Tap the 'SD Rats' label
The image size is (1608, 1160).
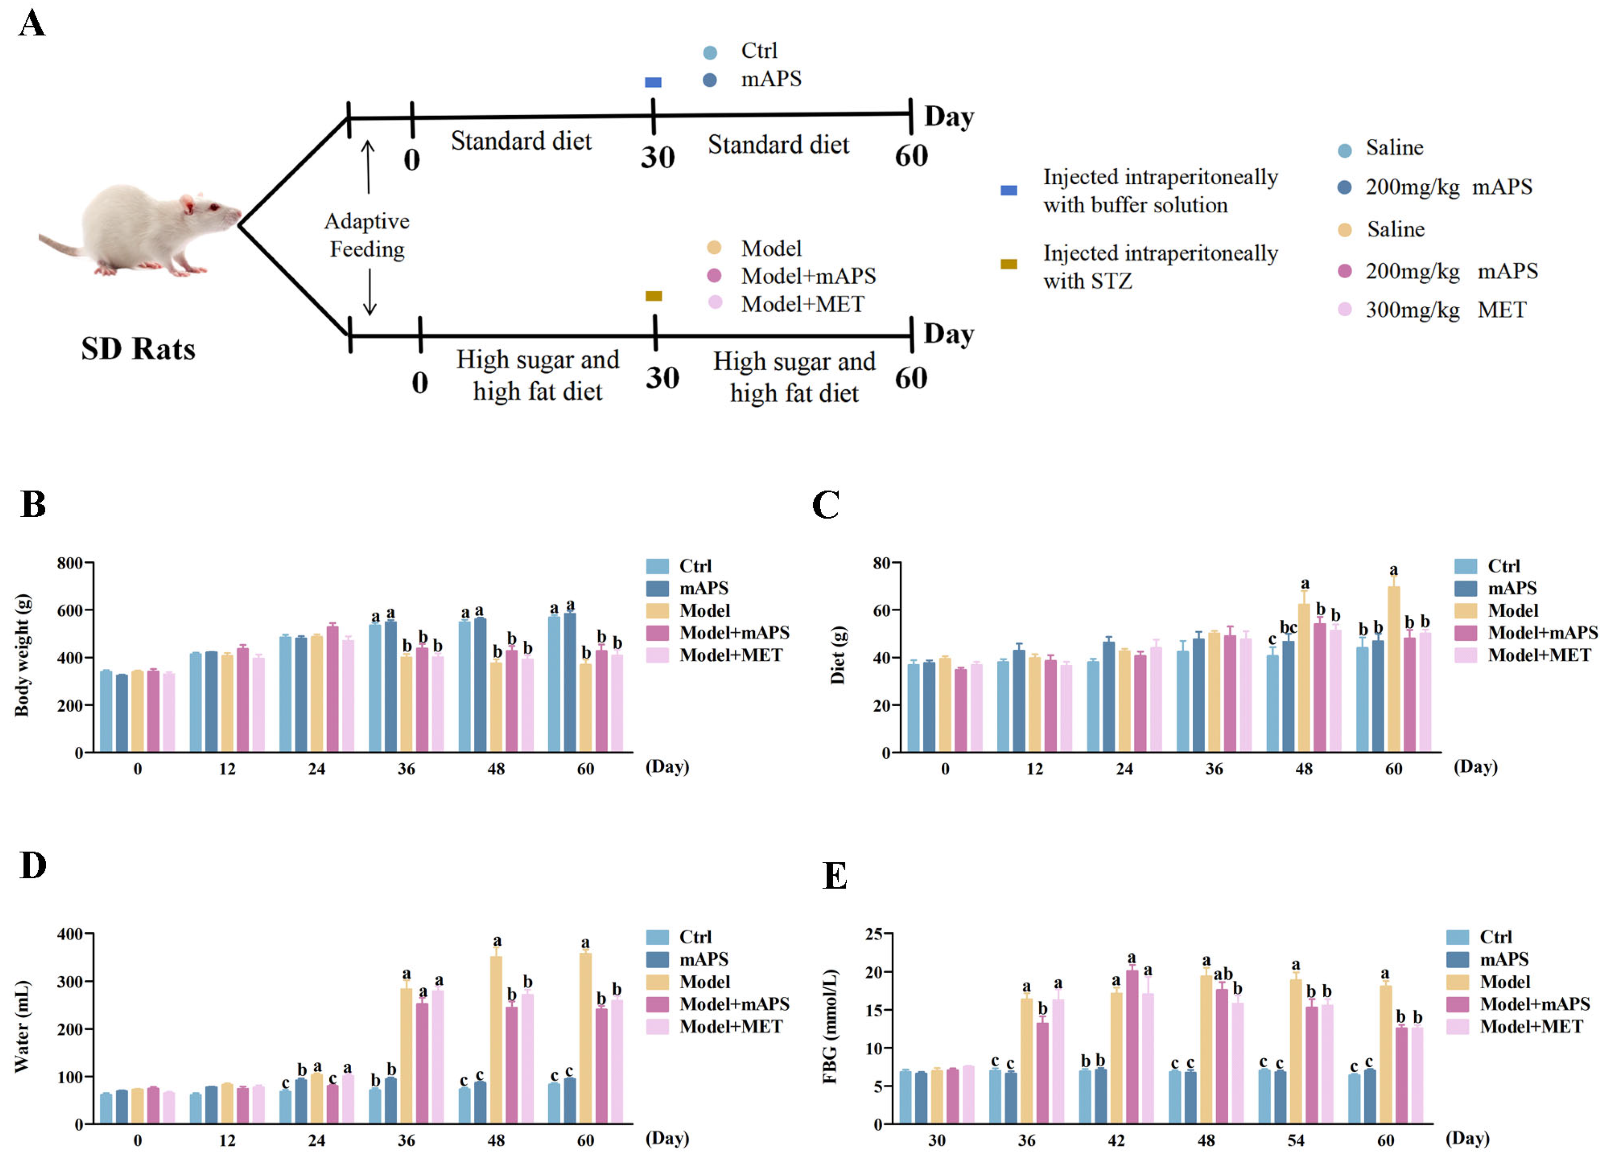pyautogui.click(x=138, y=349)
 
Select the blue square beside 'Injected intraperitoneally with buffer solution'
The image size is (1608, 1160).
pyautogui.click(x=1008, y=190)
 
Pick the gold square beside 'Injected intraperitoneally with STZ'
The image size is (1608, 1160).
pyautogui.click(x=1008, y=264)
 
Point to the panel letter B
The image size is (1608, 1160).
pyautogui.click(x=33, y=504)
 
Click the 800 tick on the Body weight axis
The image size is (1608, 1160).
pyautogui.click(x=70, y=563)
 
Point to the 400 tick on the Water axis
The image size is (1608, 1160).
pyautogui.click(x=70, y=934)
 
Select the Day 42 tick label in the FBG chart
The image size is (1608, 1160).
pyautogui.click(x=1116, y=1140)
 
